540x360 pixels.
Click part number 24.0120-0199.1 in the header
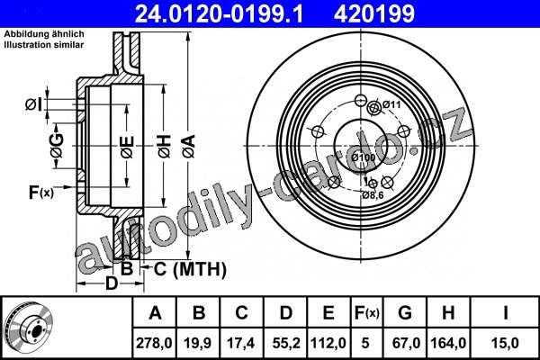coord(219,14)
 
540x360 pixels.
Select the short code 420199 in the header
coord(374,14)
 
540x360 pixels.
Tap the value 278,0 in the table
coord(154,343)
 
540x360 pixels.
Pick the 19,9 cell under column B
coord(198,343)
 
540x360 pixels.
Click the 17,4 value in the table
coord(241,343)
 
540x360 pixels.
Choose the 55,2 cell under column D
coord(286,343)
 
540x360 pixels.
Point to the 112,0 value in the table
coord(328,343)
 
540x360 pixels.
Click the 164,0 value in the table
coord(448,343)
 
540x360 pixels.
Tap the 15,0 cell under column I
coord(505,343)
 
